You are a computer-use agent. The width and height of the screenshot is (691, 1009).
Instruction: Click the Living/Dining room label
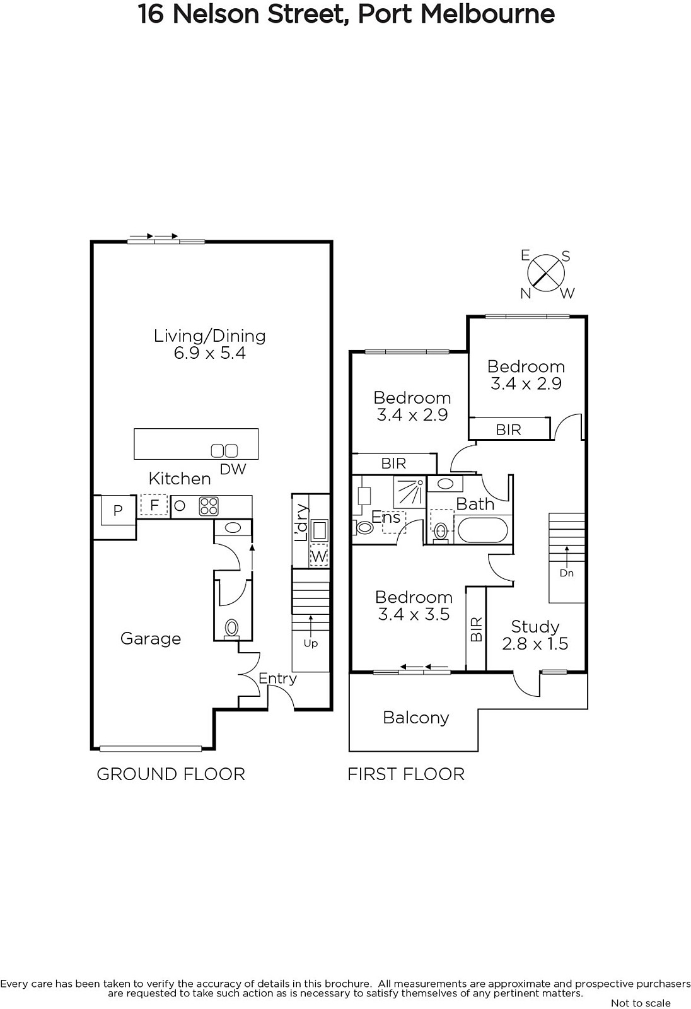(209, 344)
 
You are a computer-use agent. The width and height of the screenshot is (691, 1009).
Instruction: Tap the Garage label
(151, 638)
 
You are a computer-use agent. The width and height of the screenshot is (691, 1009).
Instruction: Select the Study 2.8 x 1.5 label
(535, 634)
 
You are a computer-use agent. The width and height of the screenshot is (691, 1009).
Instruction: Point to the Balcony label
(415, 718)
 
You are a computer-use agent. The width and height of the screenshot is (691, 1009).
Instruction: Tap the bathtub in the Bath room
(483, 530)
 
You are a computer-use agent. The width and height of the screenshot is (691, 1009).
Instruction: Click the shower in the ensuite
(409, 492)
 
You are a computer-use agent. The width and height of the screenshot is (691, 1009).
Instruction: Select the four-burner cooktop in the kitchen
(209, 506)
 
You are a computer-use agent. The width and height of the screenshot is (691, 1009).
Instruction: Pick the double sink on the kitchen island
(224, 450)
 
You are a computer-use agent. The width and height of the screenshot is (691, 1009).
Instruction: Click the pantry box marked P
(118, 510)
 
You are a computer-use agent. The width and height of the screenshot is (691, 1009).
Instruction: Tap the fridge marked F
(154, 505)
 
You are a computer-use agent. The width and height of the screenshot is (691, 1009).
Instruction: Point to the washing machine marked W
(318, 556)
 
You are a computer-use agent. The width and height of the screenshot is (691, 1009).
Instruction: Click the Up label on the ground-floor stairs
(310, 643)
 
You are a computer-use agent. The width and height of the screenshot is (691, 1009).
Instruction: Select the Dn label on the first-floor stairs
(566, 573)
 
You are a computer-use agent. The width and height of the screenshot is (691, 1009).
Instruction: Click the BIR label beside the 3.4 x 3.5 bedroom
(476, 629)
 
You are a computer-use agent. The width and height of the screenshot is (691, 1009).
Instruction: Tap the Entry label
(277, 679)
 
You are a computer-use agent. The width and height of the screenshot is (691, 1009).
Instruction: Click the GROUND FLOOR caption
(171, 774)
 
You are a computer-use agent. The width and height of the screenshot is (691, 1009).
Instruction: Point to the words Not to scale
(641, 1003)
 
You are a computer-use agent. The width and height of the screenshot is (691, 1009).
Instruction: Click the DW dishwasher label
(233, 469)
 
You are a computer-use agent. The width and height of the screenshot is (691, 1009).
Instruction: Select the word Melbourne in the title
(487, 14)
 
